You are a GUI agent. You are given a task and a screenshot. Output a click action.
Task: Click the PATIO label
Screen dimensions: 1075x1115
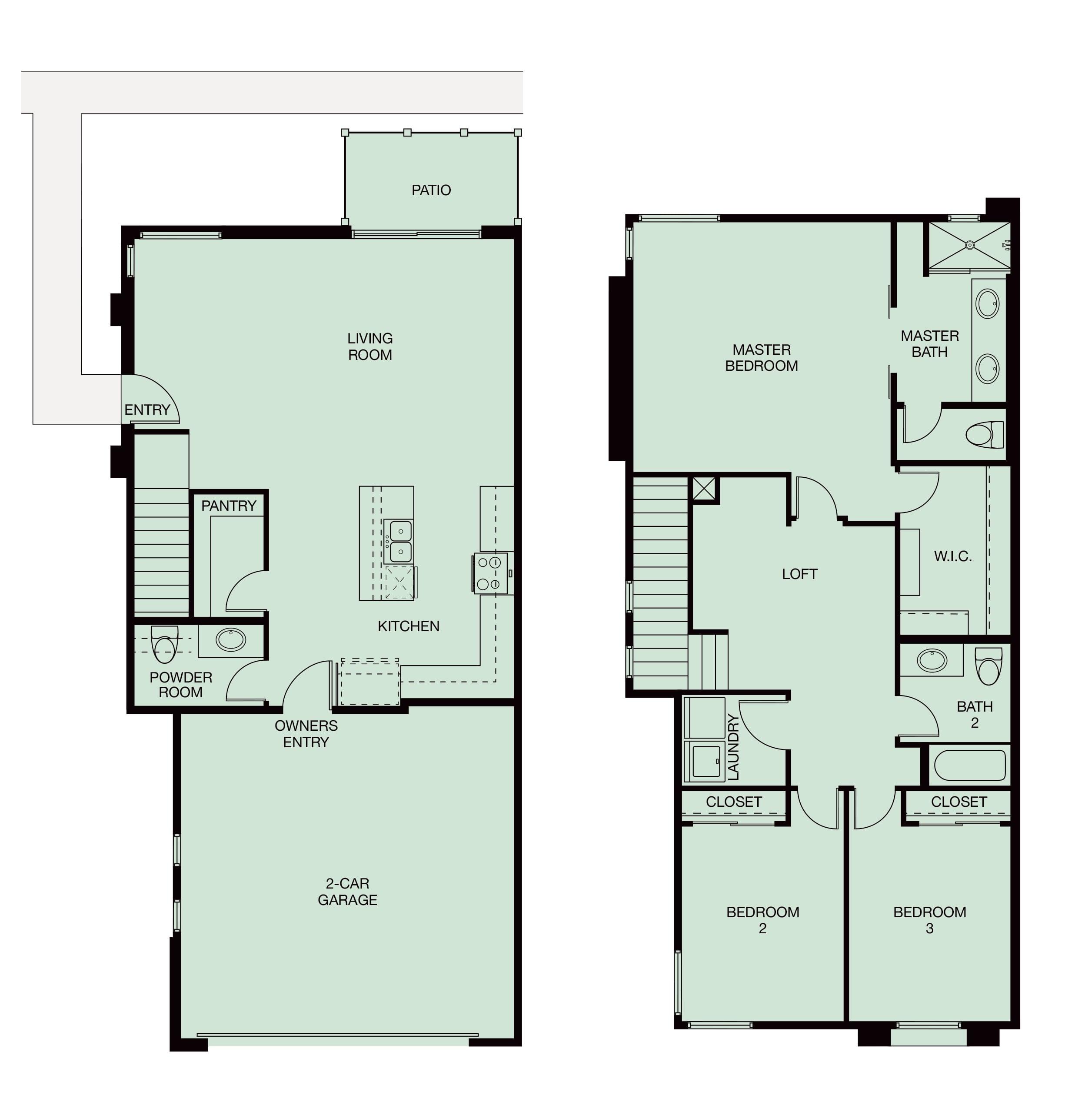[431, 190]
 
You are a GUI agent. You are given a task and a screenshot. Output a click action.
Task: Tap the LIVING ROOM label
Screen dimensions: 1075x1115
[370, 346]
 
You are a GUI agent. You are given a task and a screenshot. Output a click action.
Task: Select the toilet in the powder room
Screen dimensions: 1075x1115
[165, 644]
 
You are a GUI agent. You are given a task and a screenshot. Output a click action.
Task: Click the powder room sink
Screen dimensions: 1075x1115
[231, 640]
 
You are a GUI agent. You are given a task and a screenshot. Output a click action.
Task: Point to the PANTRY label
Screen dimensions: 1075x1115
[229, 506]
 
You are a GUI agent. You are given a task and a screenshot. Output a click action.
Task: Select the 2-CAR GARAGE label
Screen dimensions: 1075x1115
[347, 892]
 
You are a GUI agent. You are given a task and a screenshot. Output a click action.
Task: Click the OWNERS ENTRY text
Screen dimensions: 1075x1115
[306, 734]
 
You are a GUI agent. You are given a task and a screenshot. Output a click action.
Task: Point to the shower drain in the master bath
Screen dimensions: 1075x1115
[970, 245]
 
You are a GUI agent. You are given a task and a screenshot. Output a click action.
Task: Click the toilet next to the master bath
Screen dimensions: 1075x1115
[985, 435]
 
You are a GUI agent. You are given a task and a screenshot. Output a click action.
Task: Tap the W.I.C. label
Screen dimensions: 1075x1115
[953, 556]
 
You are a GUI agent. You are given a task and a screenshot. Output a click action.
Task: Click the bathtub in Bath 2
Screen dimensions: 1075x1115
[970, 765]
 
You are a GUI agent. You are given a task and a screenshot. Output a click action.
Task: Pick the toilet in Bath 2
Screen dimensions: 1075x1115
[988, 666]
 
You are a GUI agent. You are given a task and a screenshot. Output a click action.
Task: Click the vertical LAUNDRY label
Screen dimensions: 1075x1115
[734, 747]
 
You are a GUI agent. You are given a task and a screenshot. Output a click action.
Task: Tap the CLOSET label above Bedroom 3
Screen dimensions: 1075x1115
[959, 802]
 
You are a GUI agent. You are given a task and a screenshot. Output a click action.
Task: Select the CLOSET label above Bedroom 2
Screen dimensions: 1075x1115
[734, 802]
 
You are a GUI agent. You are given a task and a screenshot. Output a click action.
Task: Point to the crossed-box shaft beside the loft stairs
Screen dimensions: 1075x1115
[704, 488]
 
